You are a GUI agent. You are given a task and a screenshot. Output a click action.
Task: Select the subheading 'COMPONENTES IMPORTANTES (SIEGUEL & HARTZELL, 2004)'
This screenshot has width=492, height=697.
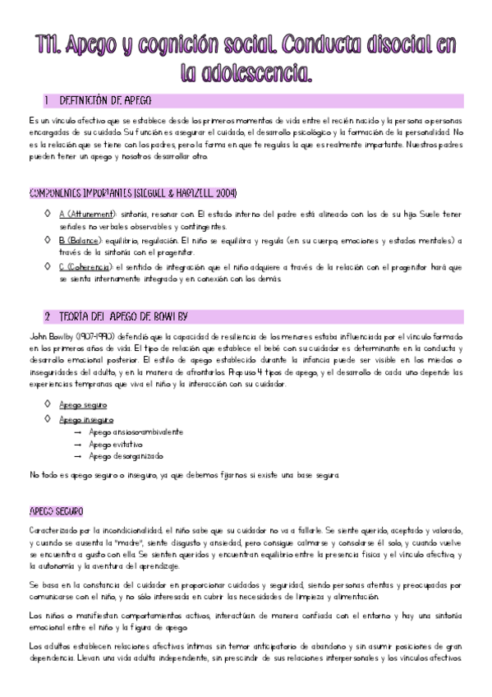132,193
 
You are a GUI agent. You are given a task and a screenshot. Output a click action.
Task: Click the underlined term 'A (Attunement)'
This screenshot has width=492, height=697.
81,214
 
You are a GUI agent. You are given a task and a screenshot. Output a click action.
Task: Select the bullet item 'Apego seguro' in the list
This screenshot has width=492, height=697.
82,405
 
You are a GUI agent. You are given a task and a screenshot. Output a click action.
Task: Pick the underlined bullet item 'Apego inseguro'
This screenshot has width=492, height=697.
85,419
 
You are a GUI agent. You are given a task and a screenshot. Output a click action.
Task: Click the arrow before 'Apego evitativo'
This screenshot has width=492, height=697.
77,444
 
